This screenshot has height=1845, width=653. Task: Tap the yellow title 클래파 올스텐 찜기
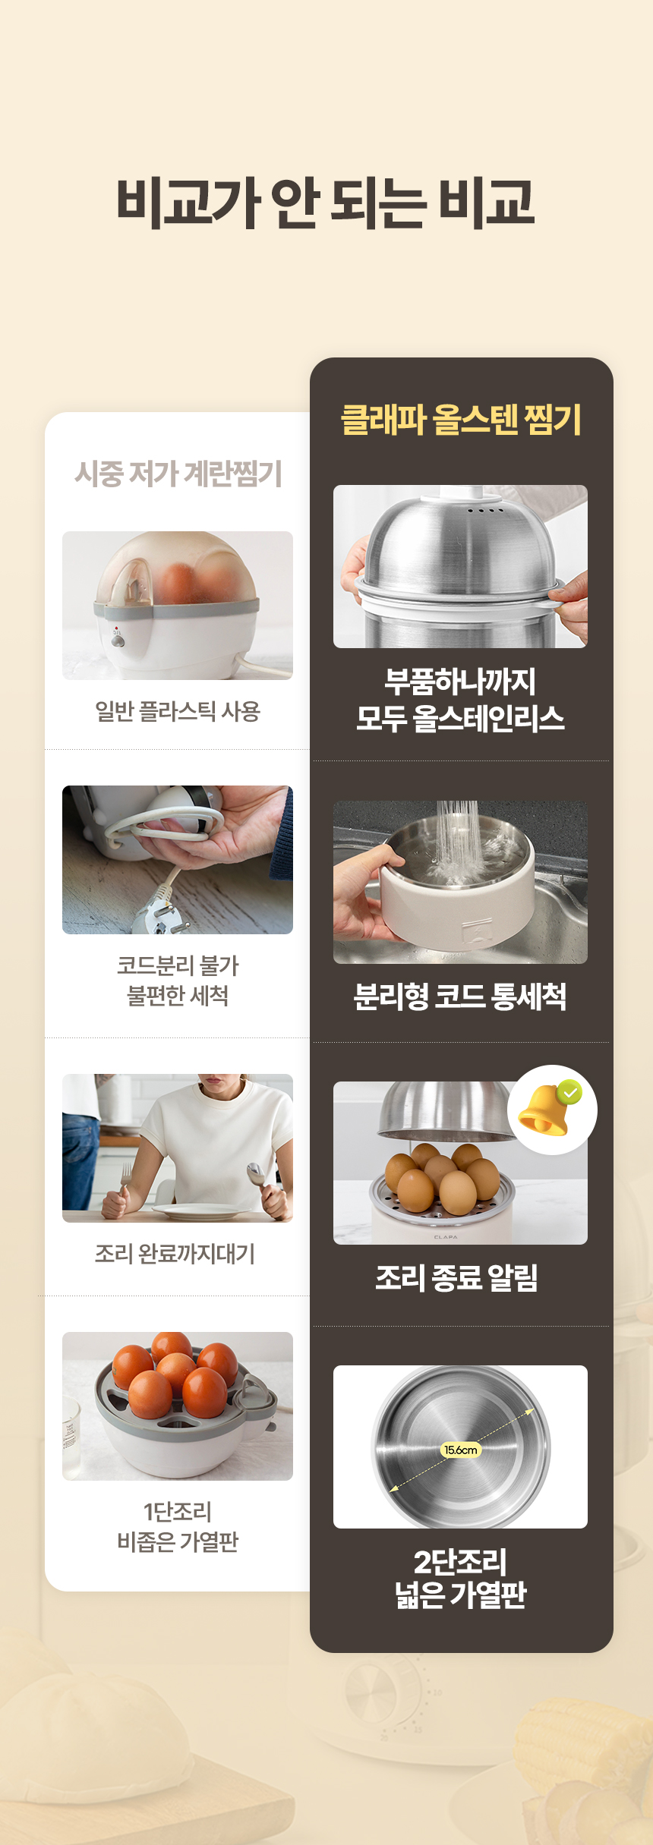click(x=461, y=419)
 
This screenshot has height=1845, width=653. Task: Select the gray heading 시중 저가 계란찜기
click(x=178, y=474)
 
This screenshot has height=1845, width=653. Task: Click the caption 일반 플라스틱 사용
click(x=178, y=711)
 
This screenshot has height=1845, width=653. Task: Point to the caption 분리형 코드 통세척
click(x=460, y=996)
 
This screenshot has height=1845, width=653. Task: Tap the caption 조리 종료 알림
click(x=457, y=1277)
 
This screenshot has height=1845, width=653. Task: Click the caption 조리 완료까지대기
click(x=175, y=1253)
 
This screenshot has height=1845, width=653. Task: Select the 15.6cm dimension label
click(x=461, y=1450)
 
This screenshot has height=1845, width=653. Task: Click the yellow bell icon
click(x=544, y=1110)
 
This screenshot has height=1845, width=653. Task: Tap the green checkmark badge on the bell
click(x=569, y=1092)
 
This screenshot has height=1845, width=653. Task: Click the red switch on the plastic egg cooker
click(x=116, y=628)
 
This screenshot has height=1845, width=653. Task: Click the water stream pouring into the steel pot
click(x=456, y=835)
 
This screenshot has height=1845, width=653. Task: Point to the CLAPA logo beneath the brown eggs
click(x=446, y=1236)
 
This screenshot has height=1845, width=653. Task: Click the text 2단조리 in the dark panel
click(x=460, y=1561)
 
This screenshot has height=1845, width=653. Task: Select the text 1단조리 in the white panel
click(x=178, y=1511)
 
